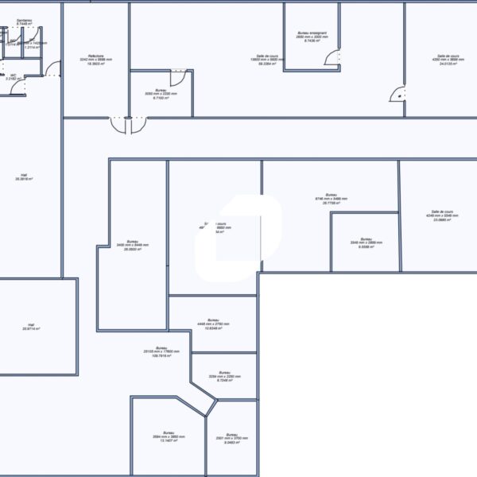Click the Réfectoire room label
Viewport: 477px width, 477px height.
(95, 59)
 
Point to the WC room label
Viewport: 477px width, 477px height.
(13, 77)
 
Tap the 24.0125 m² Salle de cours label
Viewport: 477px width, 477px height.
(446, 60)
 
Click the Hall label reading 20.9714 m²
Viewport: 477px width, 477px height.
(31, 327)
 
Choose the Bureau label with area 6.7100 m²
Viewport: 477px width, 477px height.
(155, 96)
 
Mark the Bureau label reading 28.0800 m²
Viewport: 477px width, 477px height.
(132, 246)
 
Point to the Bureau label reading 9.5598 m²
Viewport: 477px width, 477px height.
(366, 242)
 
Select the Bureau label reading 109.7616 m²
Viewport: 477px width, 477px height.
(161, 351)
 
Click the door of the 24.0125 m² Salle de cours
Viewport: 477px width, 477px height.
(397, 95)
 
